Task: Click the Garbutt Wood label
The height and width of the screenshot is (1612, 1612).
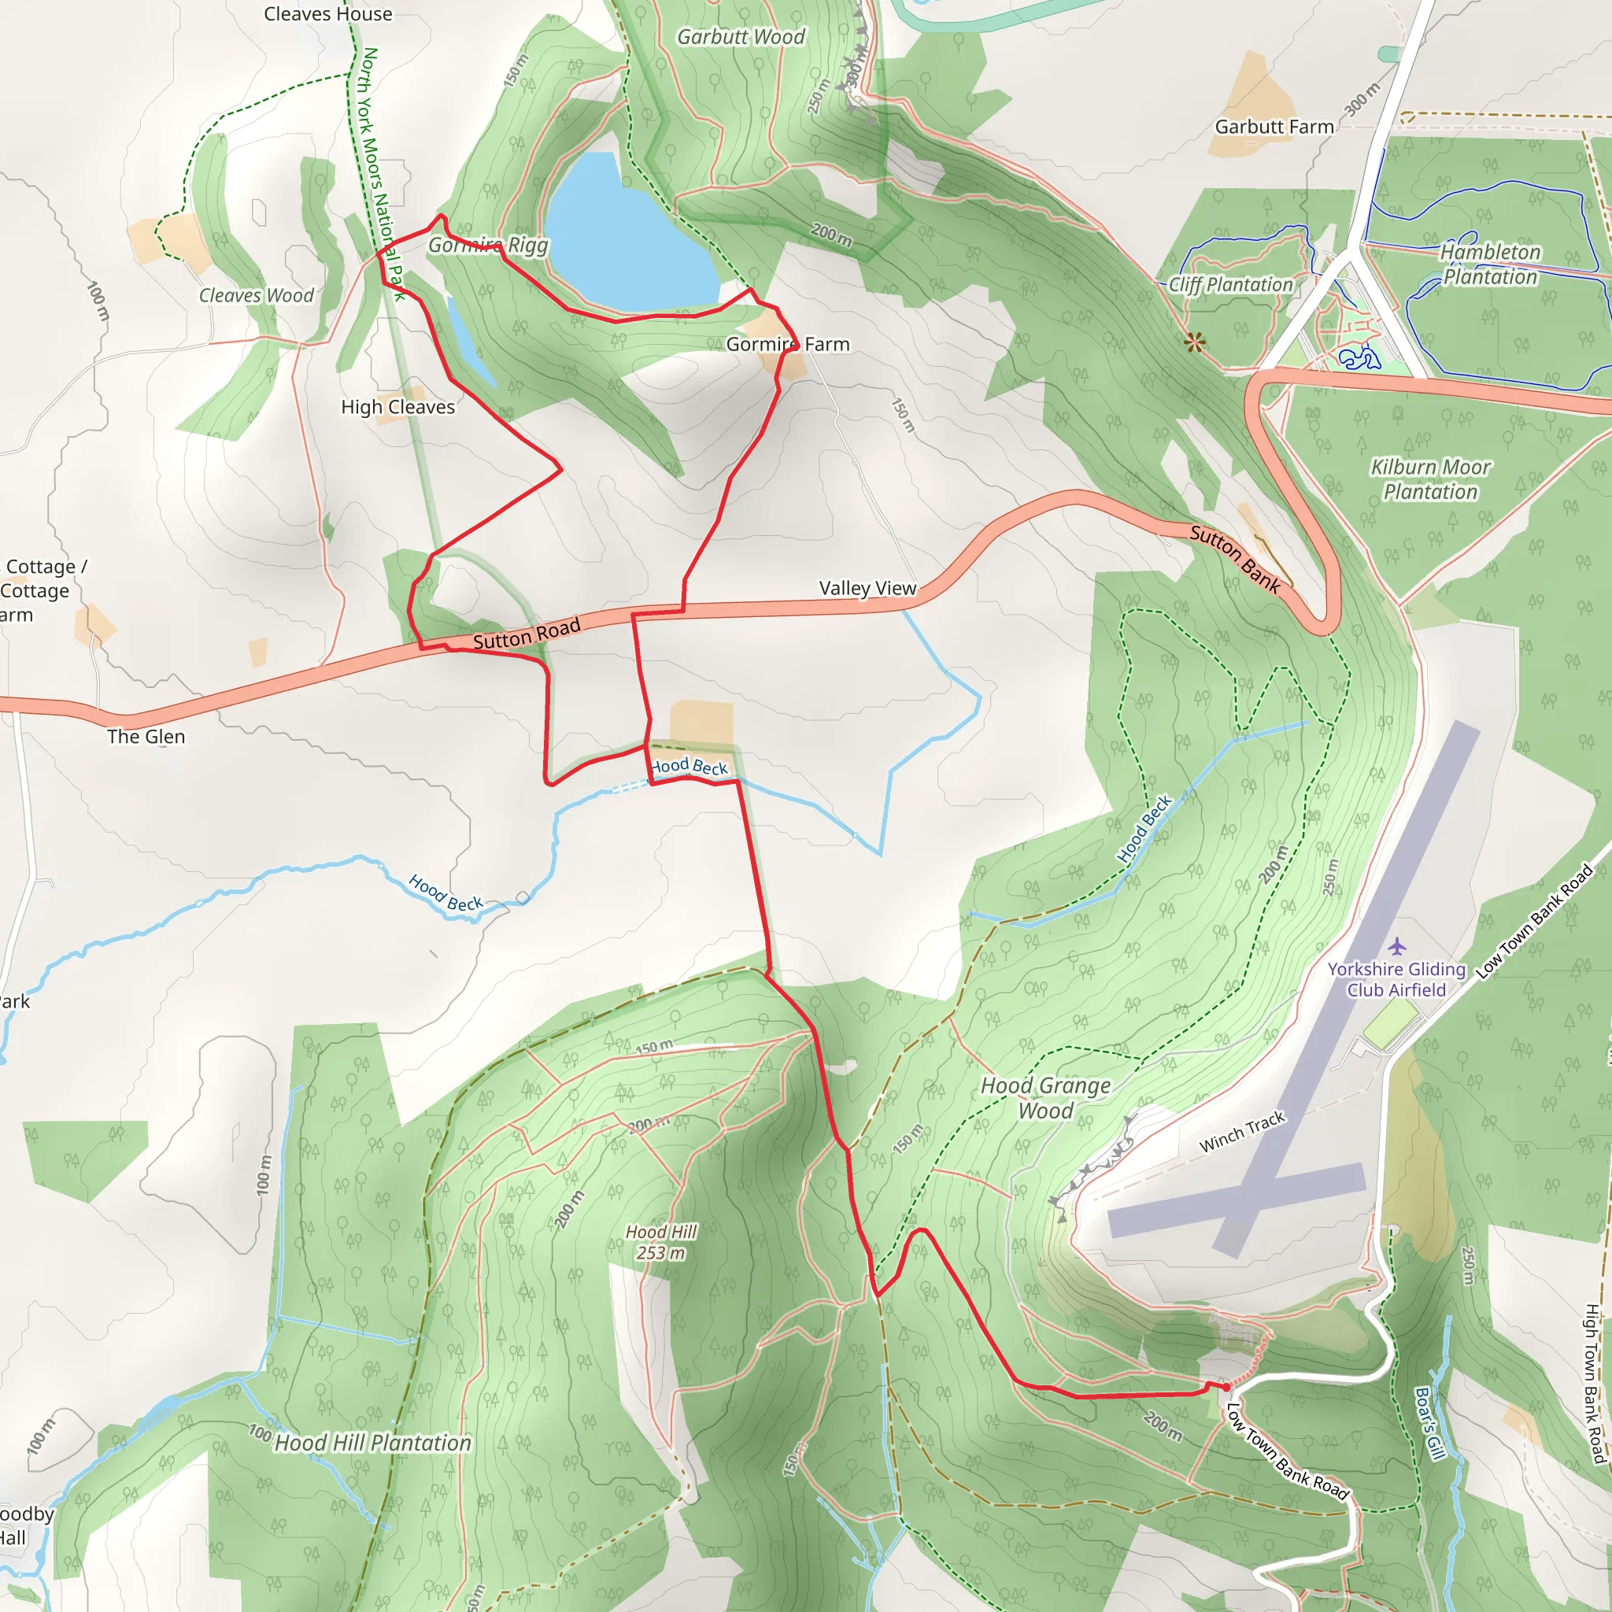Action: pos(740,37)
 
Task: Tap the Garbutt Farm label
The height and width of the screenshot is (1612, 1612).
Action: pos(1274,127)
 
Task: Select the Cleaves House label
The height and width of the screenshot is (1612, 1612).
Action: pos(328,14)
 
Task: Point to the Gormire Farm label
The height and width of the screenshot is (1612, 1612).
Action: pos(787,344)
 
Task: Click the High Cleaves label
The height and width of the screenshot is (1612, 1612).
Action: pos(398,407)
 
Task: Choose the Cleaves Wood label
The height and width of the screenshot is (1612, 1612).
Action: pos(256,295)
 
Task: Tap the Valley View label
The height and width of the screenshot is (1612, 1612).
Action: pos(867,588)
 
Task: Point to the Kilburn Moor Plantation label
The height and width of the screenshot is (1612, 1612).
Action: pos(1430,480)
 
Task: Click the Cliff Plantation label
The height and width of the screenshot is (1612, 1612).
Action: pos(1230,284)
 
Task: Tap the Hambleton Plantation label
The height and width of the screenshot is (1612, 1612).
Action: pos(1490,264)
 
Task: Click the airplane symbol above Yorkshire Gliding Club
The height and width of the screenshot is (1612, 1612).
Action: pos(1397,946)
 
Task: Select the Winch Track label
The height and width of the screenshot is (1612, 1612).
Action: pos(1241,1132)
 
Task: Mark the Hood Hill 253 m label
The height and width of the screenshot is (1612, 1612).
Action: pos(661,1242)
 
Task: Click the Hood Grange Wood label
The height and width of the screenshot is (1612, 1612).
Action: pos(1045,1098)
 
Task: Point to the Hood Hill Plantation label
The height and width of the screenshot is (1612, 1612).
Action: pos(372,1443)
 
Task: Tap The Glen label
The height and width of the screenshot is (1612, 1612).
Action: pos(146,737)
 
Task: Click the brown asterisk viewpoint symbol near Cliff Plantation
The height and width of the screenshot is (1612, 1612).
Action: pos(1195,342)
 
